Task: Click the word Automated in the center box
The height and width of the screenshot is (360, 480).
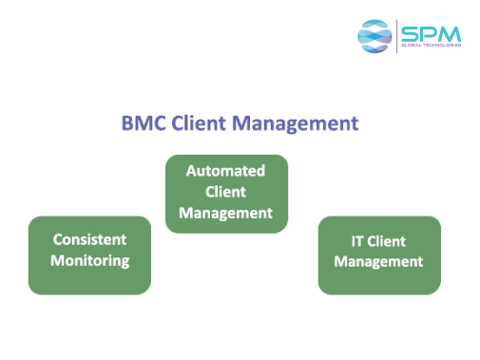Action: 225,171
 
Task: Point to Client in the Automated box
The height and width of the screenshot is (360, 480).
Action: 225,192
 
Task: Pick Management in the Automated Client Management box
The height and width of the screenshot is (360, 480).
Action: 225,213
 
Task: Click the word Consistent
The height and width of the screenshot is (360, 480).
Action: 89,239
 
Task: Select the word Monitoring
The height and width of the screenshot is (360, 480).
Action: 89,260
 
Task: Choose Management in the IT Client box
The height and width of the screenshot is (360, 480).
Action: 378,261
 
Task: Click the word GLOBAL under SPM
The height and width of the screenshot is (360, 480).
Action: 412,45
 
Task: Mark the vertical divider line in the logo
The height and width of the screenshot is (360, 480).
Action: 396,35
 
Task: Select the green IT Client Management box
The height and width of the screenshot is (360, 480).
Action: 378,281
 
